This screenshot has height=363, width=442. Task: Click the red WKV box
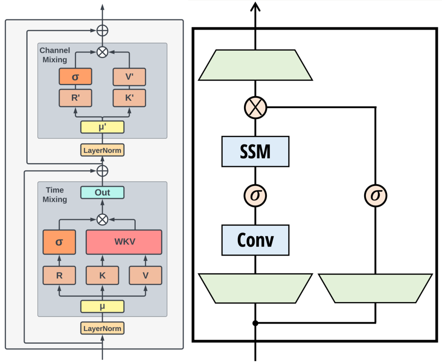124,242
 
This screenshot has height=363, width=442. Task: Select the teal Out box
102,192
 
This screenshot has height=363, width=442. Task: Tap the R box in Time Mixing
59,275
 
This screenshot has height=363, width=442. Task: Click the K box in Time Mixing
102,275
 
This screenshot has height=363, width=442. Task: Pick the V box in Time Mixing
145,275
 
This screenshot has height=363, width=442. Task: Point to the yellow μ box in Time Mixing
102,306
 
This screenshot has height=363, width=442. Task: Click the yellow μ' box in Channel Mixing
102,127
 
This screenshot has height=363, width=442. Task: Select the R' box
75,98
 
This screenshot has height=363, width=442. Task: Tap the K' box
129,98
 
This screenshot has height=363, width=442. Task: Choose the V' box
129,77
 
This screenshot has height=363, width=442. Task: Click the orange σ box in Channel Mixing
75,77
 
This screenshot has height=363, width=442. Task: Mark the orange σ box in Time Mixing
59,242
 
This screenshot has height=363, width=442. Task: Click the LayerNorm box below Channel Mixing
102,150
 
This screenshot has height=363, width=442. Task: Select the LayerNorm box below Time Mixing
102,328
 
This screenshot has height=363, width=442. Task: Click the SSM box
255,151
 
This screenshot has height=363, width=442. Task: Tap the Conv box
255,240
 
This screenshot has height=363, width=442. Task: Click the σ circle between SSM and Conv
255,196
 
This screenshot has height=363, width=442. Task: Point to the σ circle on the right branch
375,196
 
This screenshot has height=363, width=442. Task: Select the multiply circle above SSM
255,108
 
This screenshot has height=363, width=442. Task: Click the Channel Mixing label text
55,55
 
